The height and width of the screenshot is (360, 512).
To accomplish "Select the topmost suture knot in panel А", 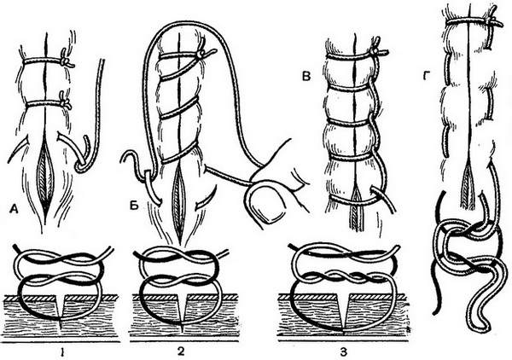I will tap(65, 61).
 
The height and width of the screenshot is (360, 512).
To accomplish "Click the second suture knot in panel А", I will tap(65, 103).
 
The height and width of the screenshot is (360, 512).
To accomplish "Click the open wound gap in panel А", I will tap(47, 171).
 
